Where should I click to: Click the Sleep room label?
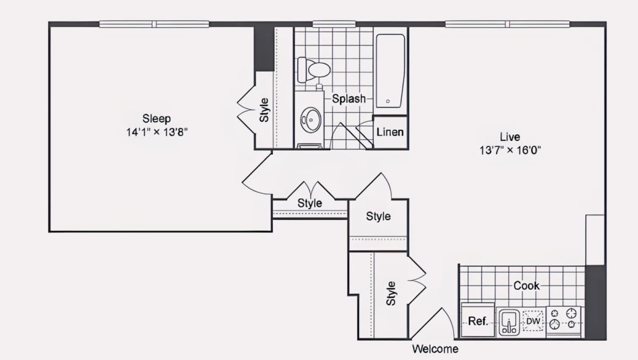[156, 119]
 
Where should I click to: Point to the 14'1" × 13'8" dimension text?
[157, 132]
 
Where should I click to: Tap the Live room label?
[510, 137]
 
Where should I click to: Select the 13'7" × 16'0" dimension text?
[510, 150]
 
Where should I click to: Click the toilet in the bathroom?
[314, 70]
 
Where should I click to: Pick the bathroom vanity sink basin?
[310, 120]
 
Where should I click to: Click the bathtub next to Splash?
[390, 71]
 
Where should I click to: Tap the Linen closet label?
[390, 132]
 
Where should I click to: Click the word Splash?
[349, 99]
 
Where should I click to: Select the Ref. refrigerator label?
[478, 321]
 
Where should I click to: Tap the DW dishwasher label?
[533, 321]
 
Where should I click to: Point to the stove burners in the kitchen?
[563, 319]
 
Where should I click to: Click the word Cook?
[526, 286]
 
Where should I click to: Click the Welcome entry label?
[435, 349]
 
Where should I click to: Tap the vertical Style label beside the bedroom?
[264, 110]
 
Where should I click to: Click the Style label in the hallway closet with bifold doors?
[309, 203]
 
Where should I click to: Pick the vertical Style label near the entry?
[391, 294]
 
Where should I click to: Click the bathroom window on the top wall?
[334, 24]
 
